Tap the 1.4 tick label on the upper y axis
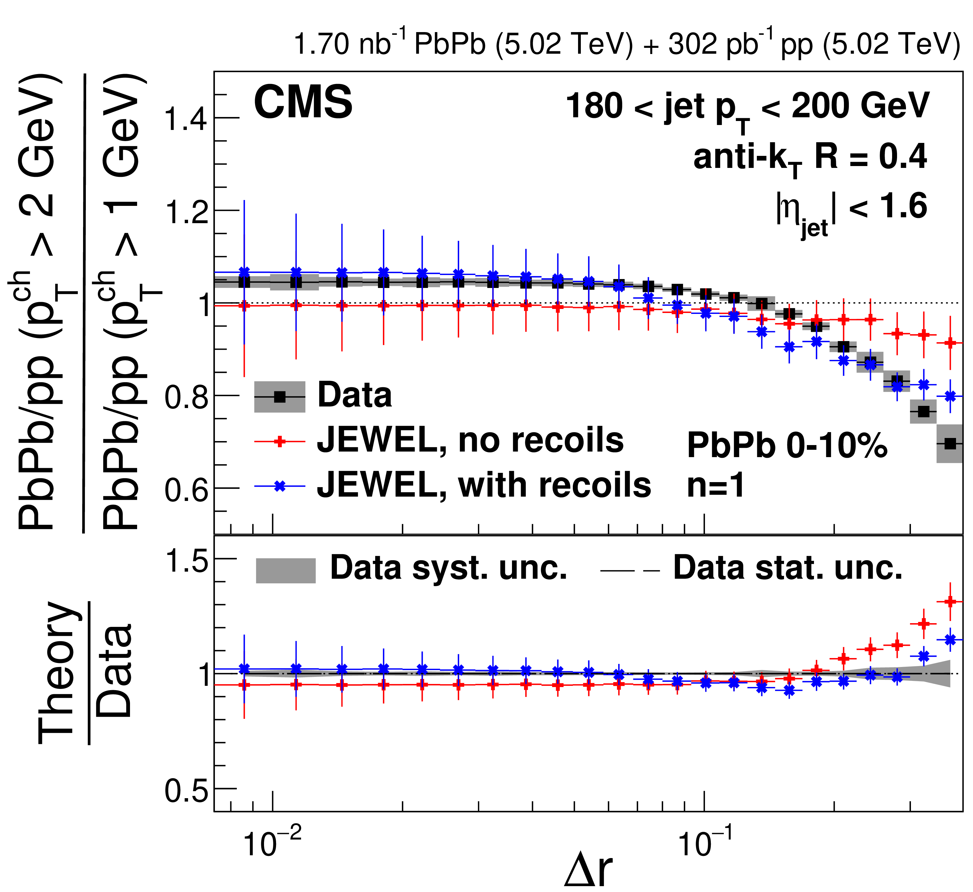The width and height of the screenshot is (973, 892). coord(186,118)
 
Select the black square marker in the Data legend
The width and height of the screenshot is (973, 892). coord(279,397)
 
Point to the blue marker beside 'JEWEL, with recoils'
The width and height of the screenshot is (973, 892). coord(279,486)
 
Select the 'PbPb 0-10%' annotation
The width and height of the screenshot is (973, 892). coord(787,445)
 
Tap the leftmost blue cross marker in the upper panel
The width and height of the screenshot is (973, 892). coord(244,272)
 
